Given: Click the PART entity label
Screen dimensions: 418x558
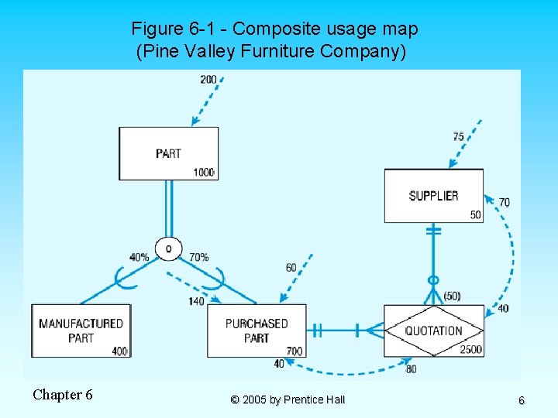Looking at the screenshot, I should [168, 153].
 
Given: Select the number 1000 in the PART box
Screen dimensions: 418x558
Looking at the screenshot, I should [204, 173].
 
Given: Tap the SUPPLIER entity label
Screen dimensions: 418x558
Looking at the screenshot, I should [433, 196].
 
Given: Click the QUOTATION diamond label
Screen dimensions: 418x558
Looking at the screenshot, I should [433, 331].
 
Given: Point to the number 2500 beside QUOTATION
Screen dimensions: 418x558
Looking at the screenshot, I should [470, 350].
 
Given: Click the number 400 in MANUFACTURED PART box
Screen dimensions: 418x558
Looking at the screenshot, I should [119, 351].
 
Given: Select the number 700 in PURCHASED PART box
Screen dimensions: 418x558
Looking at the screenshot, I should [294, 351].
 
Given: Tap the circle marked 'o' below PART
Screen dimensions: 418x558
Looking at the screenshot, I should [168, 248].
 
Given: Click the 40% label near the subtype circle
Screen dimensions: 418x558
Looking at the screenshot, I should [139, 257].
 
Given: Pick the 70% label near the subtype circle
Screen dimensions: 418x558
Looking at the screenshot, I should [198, 257].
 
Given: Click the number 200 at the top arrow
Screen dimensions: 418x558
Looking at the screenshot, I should [208, 80].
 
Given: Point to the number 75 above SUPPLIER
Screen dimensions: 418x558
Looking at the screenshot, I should [459, 137].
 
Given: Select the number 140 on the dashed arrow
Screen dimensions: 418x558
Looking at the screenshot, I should [196, 301].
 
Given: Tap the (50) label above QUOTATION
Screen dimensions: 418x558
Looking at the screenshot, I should [452, 296].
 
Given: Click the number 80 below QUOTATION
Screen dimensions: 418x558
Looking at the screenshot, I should [411, 369].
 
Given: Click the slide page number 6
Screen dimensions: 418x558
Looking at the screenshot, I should [521, 401].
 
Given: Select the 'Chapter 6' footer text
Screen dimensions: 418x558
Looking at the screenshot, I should [63, 395].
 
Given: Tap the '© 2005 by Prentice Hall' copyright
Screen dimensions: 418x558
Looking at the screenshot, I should [288, 400].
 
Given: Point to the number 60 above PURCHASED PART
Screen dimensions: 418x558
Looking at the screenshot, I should [291, 268].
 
